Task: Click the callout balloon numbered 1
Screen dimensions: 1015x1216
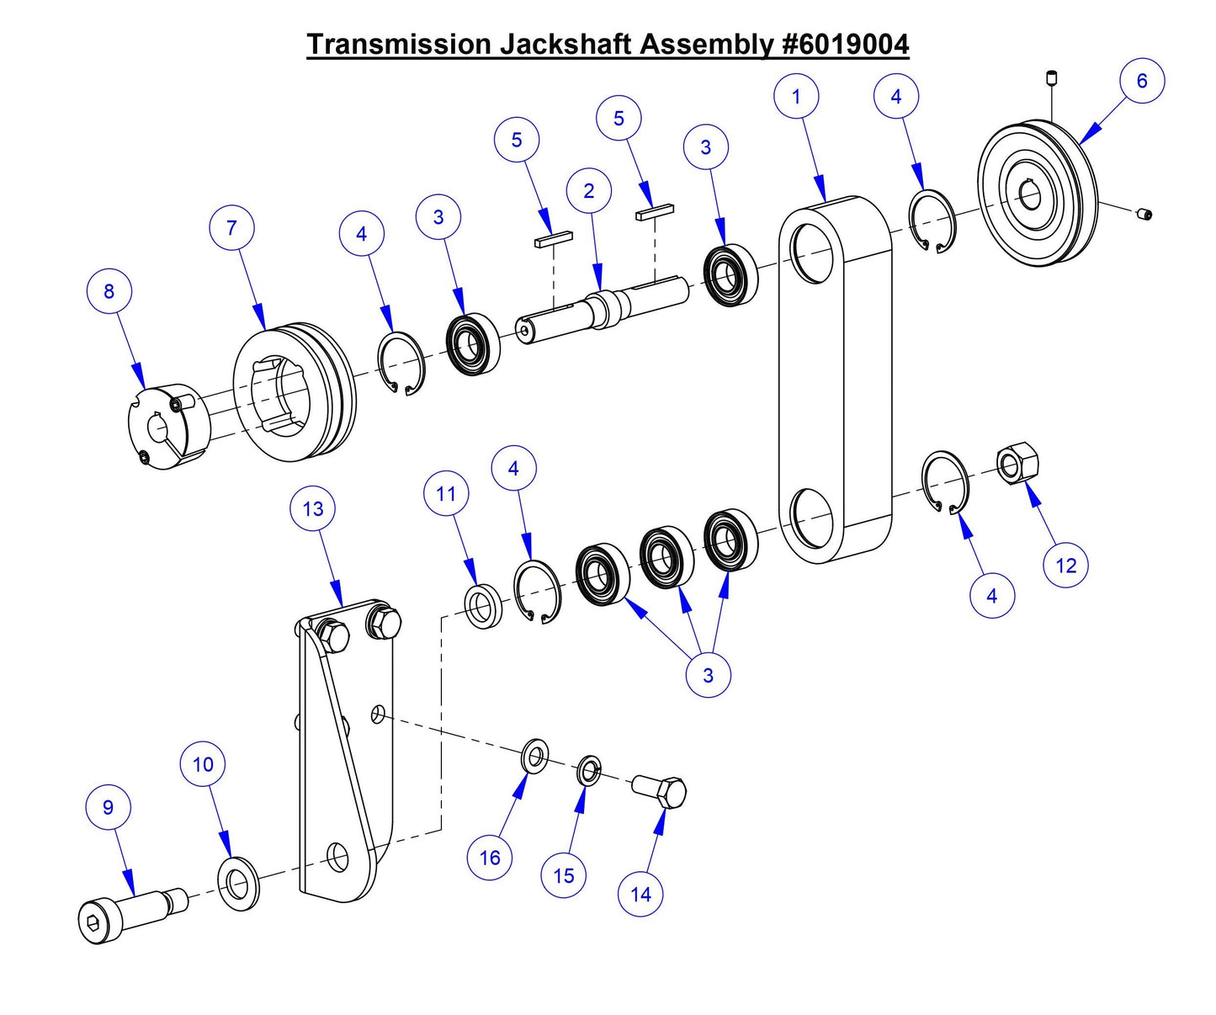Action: click(796, 97)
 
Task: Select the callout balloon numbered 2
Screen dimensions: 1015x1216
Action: click(588, 191)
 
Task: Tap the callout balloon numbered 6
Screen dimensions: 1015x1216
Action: click(1142, 81)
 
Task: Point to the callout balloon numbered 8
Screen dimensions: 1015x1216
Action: click(109, 291)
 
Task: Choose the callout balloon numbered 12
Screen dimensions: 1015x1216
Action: click(1065, 566)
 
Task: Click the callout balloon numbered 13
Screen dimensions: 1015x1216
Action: click(312, 509)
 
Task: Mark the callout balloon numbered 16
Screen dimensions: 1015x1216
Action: click(490, 858)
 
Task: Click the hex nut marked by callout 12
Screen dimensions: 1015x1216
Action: click(1017, 464)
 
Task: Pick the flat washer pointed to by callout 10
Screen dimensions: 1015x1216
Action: click(239, 885)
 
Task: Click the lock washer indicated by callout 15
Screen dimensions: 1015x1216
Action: click(589, 770)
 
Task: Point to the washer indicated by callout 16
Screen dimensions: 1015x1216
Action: click(534, 756)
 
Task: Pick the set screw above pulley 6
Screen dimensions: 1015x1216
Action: click(1052, 80)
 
